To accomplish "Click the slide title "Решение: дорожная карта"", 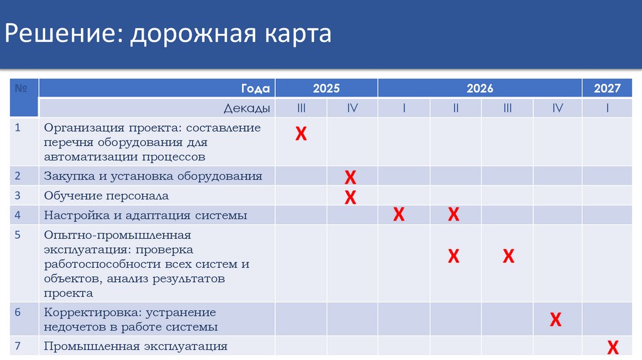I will point(168,33).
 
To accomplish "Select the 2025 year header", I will point(327,88).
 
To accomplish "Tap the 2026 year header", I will point(480,88).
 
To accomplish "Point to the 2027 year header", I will point(608,88).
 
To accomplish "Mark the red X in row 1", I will point(301,134).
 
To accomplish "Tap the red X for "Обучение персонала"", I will point(350,198).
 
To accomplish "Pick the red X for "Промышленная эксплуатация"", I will point(613,347).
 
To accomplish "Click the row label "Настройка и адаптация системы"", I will point(145,215).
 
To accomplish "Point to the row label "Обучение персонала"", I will point(106,196).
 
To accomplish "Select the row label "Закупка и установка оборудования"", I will point(153,176).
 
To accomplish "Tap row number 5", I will point(18,235).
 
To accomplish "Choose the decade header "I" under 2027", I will point(608,108).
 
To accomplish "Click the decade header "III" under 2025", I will point(301,108).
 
